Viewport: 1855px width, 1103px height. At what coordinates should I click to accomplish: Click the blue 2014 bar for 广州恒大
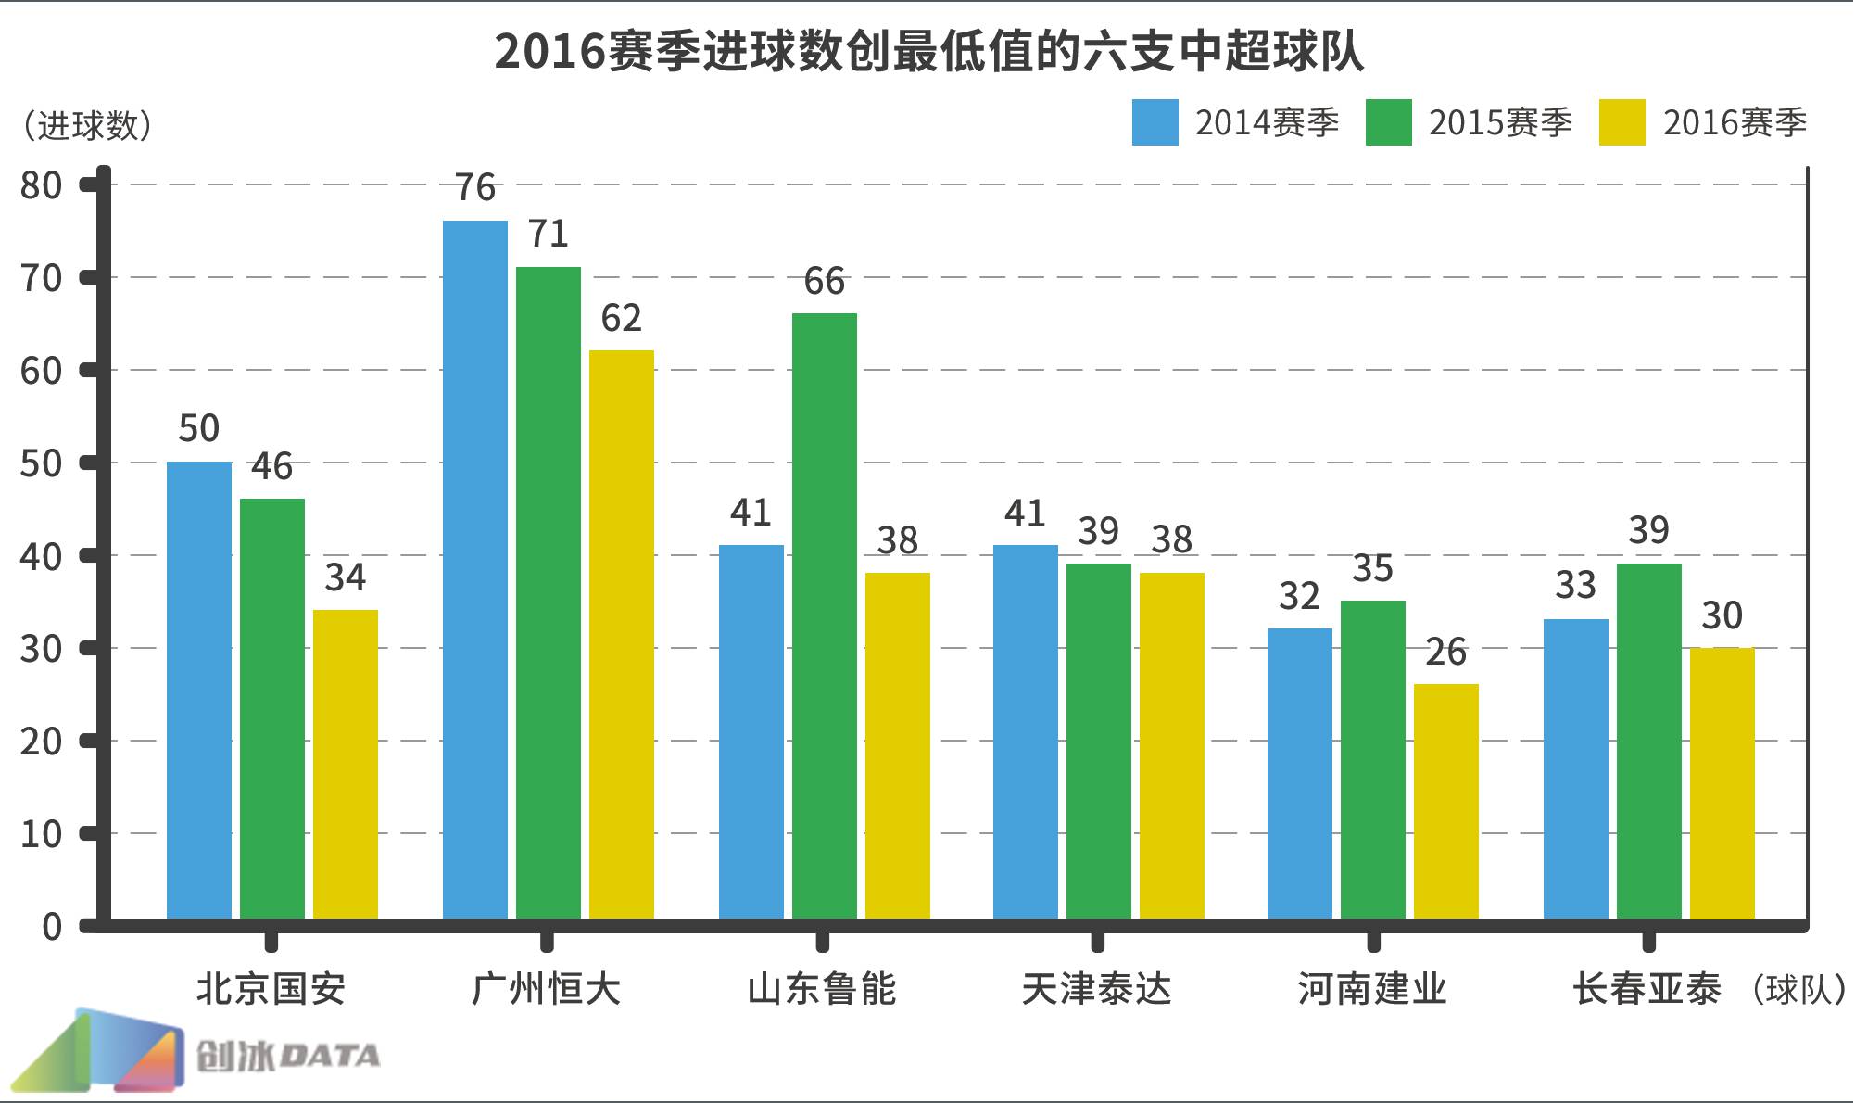point(474,570)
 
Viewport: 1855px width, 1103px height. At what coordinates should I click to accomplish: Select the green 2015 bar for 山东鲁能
point(824,616)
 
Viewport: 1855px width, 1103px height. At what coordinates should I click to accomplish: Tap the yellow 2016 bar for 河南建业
point(1445,802)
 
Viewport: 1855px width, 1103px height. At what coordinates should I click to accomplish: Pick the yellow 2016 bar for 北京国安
point(345,765)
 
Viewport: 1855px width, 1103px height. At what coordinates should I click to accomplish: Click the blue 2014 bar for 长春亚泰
point(1575,769)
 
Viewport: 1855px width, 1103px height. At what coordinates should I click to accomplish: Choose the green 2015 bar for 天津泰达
point(1098,742)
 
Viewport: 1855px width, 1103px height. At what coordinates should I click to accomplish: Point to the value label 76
point(474,188)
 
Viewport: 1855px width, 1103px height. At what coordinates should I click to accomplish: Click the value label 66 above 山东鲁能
point(824,281)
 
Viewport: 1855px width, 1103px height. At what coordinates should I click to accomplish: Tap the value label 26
point(1445,652)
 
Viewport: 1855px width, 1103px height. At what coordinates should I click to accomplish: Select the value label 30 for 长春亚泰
point(1722,615)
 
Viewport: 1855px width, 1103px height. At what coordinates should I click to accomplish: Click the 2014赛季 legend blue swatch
point(1155,122)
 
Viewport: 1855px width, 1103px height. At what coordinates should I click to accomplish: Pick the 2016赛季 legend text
point(1735,122)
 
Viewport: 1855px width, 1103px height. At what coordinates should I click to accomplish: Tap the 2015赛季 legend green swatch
point(1388,122)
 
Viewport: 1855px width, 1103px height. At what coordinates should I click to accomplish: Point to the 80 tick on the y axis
point(41,185)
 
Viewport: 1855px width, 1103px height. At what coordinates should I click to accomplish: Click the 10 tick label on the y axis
point(41,834)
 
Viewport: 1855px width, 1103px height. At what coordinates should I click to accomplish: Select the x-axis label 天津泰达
point(1096,989)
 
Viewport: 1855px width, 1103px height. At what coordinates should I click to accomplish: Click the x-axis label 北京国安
point(271,989)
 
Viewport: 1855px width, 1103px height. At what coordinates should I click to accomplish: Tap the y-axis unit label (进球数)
point(87,125)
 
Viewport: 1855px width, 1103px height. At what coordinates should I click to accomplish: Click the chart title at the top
point(927,51)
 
